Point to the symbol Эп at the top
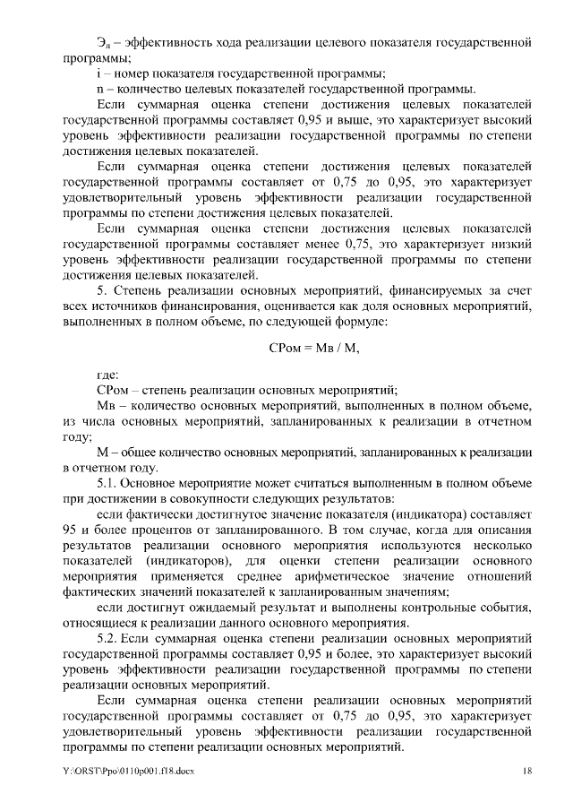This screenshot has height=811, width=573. point(102,42)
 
